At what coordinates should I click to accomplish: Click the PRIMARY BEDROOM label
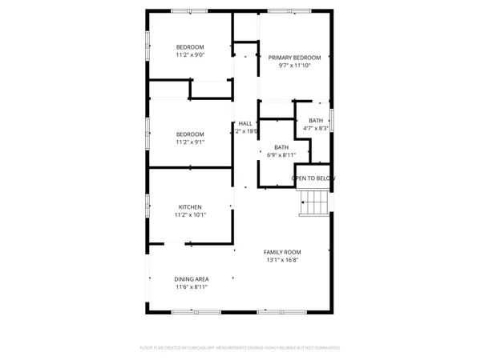(294, 58)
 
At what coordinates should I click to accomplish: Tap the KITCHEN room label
(190, 206)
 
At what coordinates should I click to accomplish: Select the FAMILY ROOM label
(282, 252)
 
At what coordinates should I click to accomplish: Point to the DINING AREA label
(191, 278)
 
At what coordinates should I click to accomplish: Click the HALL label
(245, 123)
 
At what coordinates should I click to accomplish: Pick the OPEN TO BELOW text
(313, 178)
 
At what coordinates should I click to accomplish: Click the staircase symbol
(314, 205)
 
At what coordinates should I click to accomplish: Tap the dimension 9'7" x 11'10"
(294, 66)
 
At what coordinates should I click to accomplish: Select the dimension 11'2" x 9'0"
(190, 55)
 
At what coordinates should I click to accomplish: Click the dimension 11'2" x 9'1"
(190, 142)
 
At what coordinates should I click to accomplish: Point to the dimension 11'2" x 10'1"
(190, 215)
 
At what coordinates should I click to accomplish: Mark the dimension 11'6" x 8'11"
(191, 287)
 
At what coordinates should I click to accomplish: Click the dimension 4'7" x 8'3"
(315, 128)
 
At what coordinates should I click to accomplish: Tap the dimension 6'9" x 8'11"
(281, 155)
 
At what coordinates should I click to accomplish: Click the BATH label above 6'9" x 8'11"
(281, 146)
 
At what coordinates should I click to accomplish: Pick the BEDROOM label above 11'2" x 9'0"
(190, 46)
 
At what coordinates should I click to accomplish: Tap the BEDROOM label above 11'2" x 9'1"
(190, 134)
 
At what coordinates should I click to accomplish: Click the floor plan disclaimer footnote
(240, 348)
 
